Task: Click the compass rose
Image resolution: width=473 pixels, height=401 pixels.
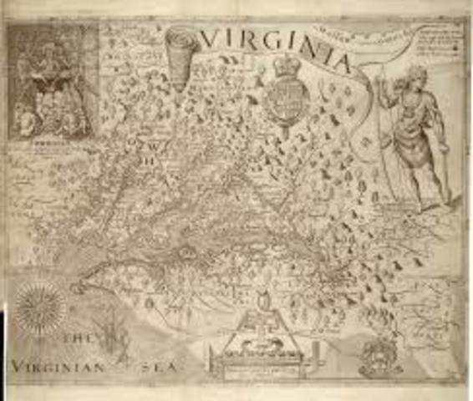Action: tap(39, 307)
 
